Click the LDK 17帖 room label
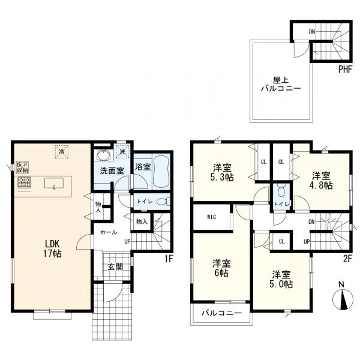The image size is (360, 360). pos(53,248)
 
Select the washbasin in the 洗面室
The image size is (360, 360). pos(104,155)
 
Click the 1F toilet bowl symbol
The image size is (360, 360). pos(163,202)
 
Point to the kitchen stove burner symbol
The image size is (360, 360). pos(25,183)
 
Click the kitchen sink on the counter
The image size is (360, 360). pos(54,184)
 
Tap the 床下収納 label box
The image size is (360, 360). pos(23,167)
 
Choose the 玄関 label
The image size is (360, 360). pos(115,267)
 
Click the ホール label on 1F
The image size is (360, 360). pos(109,232)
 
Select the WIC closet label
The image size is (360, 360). pos(211,217)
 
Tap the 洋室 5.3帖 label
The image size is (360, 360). pos(222,172)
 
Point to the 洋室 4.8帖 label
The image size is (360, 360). pos(321,181)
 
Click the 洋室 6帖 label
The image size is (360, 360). pos(221,268)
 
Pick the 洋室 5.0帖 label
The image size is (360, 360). pos(281,279)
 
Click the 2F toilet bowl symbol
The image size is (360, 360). pos(280,190)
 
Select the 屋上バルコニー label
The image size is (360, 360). pos(281,84)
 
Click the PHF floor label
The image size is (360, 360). pos(345,70)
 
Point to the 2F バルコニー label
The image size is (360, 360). pos(221,313)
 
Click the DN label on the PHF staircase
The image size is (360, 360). pos(312,32)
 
